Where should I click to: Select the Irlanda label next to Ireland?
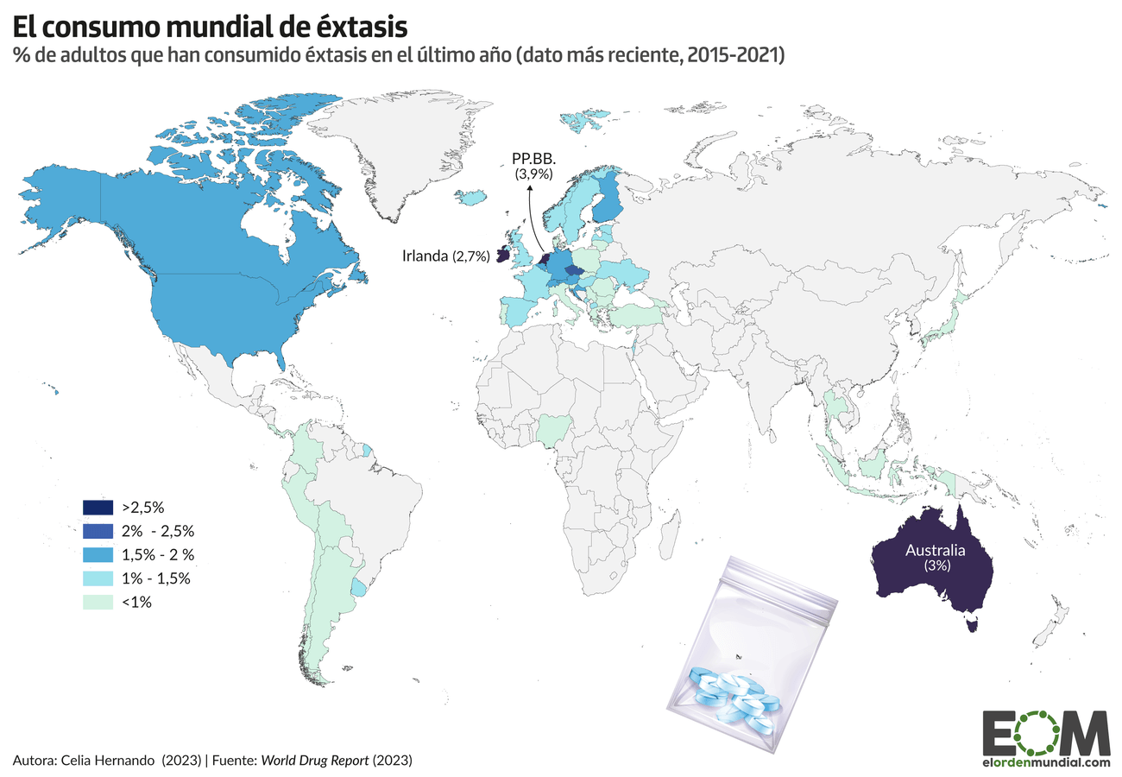point(425,256)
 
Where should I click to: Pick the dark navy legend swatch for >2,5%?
point(98,508)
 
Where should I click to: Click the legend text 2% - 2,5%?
point(159,531)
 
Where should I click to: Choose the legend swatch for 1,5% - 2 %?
point(98,554)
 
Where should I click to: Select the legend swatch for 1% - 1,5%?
point(98,578)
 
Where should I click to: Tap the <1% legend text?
point(136,603)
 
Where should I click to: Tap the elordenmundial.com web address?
point(1046,762)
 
